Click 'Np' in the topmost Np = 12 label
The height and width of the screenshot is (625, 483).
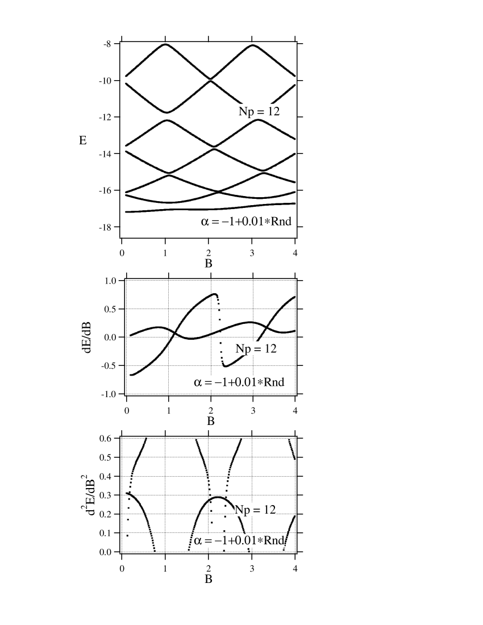(x=245, y=111)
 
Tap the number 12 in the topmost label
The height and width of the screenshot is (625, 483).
(x=273, y=111)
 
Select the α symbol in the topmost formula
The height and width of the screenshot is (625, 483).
(x=205, y=222)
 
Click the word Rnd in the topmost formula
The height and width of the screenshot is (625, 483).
(x=281, y=222)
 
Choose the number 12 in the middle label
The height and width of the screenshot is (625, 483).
(x=270, y=348)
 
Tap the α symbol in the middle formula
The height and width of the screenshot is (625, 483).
(x=198, y=382)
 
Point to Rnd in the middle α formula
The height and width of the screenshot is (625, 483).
(x=274, y=382)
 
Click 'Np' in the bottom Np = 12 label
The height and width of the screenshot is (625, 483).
(x=242, y=510)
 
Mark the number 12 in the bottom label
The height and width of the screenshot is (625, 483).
(x=269, y=510)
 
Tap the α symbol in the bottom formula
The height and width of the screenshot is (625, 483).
(x=198, y=540)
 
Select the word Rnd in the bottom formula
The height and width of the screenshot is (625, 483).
(x=274, y=540)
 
